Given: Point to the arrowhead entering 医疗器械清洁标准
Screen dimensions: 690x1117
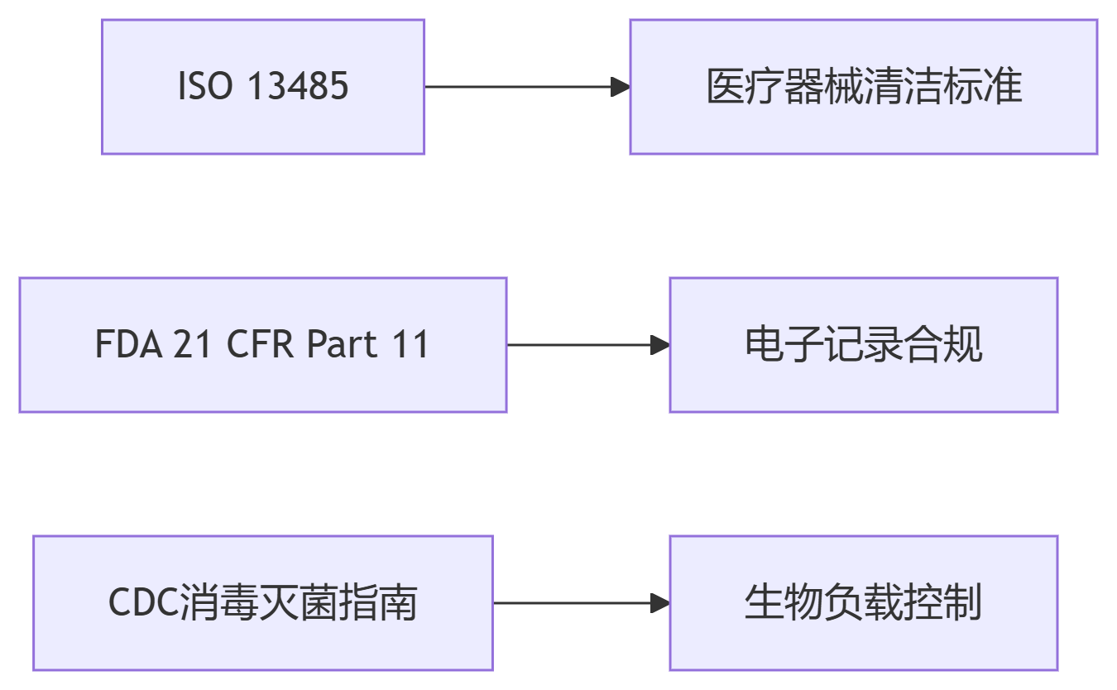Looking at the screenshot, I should pyautogui.click(x=621, y=87).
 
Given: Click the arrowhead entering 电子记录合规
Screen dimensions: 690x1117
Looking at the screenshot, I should pyautogui.click(x=660, y=345).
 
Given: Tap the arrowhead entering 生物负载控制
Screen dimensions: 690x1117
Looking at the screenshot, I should pyautogui.click(x=660, y=603).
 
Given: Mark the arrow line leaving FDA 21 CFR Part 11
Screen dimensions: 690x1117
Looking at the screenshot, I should pyautogui.click(x=579, y=345).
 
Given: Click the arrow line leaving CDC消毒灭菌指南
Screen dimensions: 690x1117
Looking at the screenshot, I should pyautogui.click(x=571, y=603).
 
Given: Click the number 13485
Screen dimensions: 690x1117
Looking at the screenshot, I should pyautogui.click(x=298, y=87).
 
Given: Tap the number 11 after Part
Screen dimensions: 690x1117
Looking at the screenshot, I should pyautogui.click(x=410, y=345).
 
